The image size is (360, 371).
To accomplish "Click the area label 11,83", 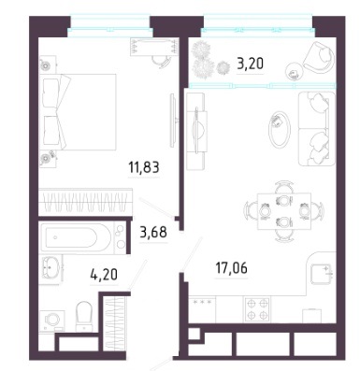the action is (x=144, y=167).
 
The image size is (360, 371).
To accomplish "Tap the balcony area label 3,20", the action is (x=251, y=64).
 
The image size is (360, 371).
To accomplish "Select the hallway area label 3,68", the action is (x=153, y=233).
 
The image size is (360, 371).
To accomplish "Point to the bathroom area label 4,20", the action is (x=104, y=275).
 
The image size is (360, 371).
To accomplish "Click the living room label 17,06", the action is (x=232, y=268).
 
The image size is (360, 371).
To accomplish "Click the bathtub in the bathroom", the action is (x=76, y=238).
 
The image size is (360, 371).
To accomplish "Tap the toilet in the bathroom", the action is (x=84, y=316).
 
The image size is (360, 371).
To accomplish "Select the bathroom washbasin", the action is (x=50, y=267).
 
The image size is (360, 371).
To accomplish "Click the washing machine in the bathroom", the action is (x=52, y=321).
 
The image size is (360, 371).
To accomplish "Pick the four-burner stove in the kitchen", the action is (x=257, y=309).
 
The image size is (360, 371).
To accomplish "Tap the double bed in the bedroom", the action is (x=78, y=112).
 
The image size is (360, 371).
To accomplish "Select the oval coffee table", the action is (x=280, y=129).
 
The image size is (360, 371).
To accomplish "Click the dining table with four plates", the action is (x=284, y=211).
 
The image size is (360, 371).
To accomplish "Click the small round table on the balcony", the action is (x=294, y=71).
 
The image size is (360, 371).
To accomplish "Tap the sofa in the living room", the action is (x=317, y=129).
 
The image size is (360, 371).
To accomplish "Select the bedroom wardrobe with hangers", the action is (x=85, y=201).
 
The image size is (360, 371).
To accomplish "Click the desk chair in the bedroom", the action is (x=161, y=61).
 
